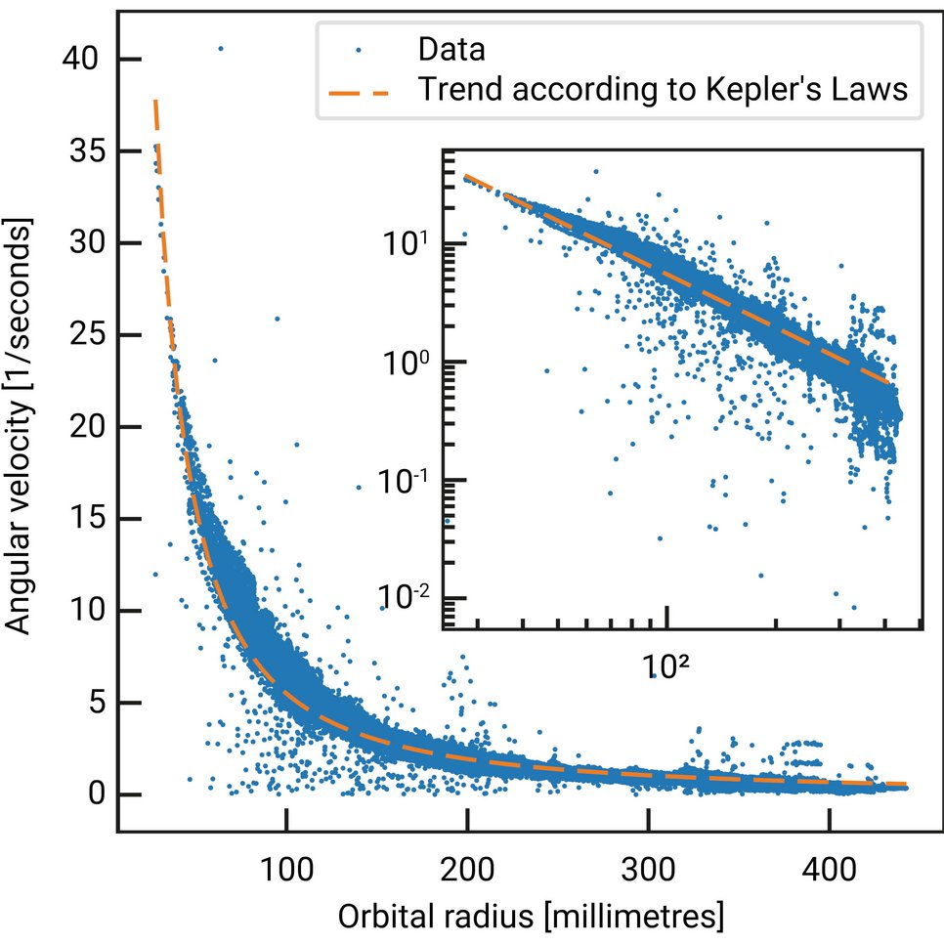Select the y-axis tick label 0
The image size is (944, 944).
coord(96,794)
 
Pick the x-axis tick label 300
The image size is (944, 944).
coord(648,867)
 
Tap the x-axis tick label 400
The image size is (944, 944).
coord(830,867)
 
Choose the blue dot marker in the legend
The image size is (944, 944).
coord(359,47)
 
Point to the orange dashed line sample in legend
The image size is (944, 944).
coord(359,91)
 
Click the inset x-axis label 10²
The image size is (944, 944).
coord(665,668)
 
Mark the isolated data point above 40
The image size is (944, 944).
coord(220,48)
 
